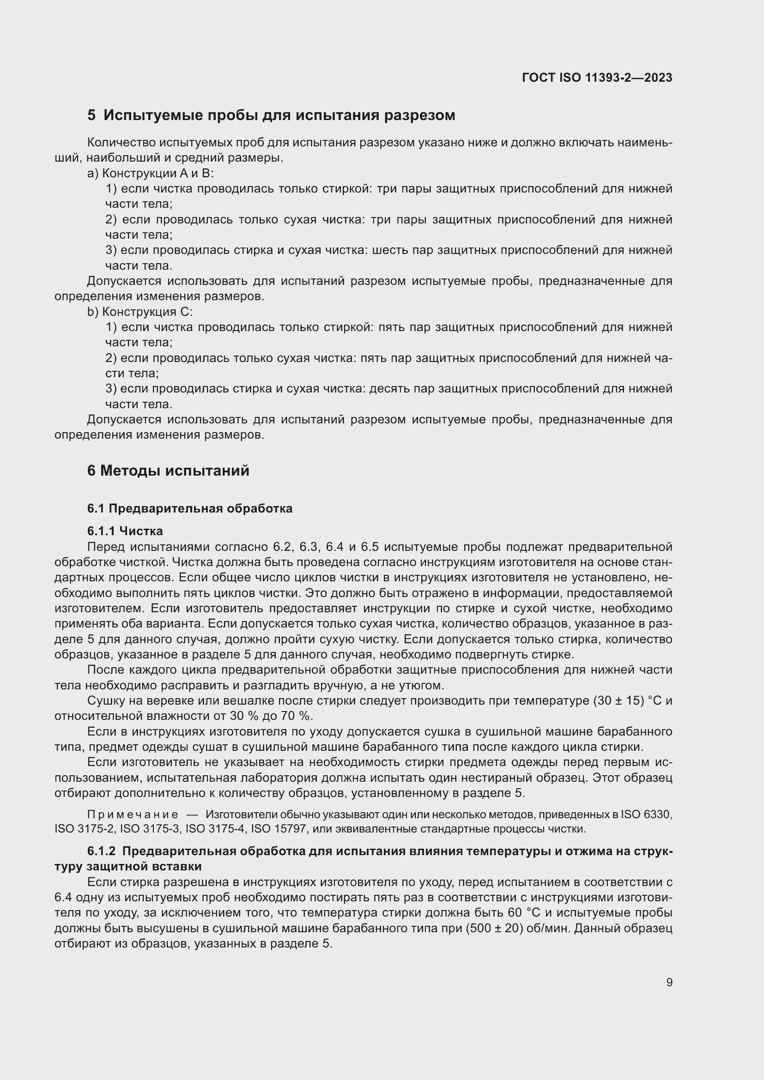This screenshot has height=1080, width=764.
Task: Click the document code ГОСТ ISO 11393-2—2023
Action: point(596,78)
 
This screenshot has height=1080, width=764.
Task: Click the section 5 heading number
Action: point(91,115)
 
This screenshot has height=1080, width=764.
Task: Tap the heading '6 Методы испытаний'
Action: point(168,471)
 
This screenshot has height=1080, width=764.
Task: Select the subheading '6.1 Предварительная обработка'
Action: point(189,508)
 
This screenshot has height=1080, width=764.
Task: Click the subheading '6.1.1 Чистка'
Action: point(125,531)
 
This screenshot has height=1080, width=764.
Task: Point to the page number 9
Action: point(669,983)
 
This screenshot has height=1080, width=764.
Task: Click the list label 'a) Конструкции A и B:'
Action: point(151,173)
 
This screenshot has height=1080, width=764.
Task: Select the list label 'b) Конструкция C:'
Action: point(139,312)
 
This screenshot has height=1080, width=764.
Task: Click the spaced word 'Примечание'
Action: point(133,815)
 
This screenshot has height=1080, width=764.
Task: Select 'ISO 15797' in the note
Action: point(280,829)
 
